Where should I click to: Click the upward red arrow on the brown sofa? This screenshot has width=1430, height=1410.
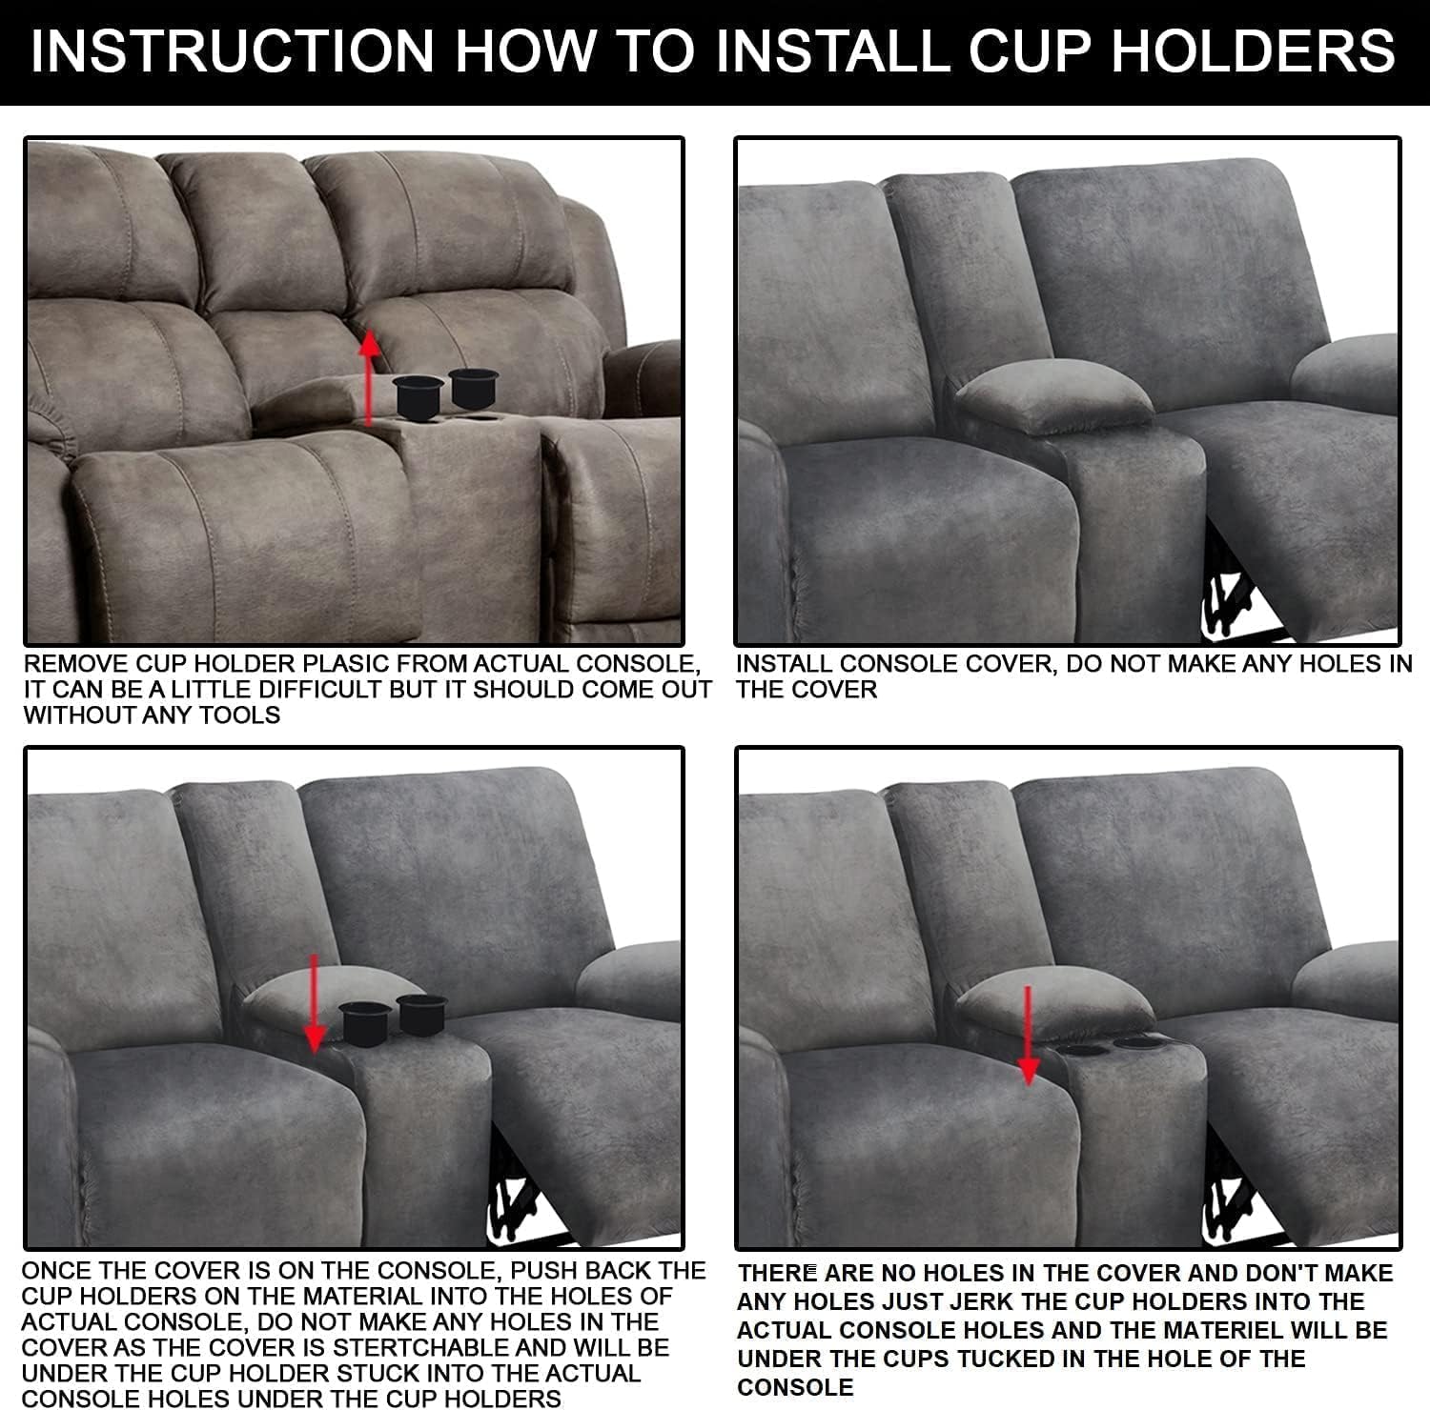coord(371,376)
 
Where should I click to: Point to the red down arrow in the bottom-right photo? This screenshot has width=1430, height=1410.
coord(1028,1035)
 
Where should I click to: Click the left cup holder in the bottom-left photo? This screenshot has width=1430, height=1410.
coord(362,1025)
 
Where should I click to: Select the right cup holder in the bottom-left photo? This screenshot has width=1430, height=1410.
coord(421,1014)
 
